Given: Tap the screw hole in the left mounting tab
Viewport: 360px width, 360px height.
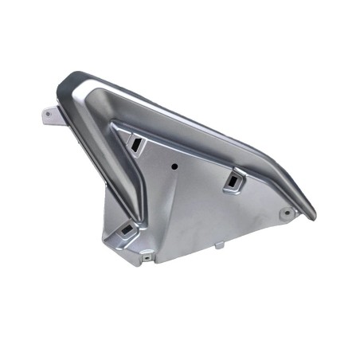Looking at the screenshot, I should (49, 114).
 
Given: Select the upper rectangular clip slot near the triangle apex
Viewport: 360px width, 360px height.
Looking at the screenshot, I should (135, 143).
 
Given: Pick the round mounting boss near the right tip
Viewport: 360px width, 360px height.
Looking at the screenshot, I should (287, 213).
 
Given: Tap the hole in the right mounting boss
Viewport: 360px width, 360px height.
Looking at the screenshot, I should (287, 213).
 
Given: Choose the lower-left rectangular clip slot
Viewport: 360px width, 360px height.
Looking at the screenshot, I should (126, 230).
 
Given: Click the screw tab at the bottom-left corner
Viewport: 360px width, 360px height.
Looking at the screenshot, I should (147, 257).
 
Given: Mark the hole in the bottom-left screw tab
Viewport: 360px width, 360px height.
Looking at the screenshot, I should (146, 257).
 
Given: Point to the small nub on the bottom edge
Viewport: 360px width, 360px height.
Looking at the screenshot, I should (218, 246).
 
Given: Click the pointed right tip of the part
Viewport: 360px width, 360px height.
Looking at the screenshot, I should (313, 217).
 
